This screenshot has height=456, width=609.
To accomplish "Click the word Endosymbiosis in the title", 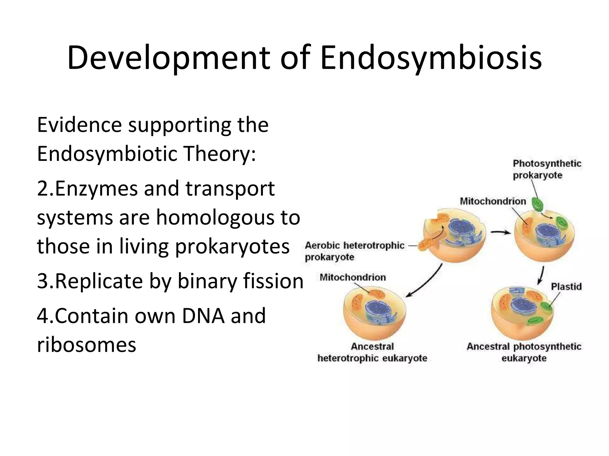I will point(431,58).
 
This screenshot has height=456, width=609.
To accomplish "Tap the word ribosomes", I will point(86,345).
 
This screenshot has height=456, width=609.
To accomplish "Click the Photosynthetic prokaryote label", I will point(547,169).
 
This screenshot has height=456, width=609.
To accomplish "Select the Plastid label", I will point(566,286).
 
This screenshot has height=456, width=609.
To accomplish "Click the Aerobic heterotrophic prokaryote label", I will point(354,251).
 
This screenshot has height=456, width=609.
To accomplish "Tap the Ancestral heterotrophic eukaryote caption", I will point(372,352).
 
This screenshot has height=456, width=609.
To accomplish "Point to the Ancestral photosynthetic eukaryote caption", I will point(524,352).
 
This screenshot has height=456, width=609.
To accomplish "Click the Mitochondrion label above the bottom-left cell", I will point(353,277).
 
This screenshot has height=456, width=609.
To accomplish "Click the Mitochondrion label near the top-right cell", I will point(493,201).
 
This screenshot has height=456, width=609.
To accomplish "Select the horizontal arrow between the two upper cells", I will point(501,232).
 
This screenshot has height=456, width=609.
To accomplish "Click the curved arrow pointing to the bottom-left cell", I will point(425,282).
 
